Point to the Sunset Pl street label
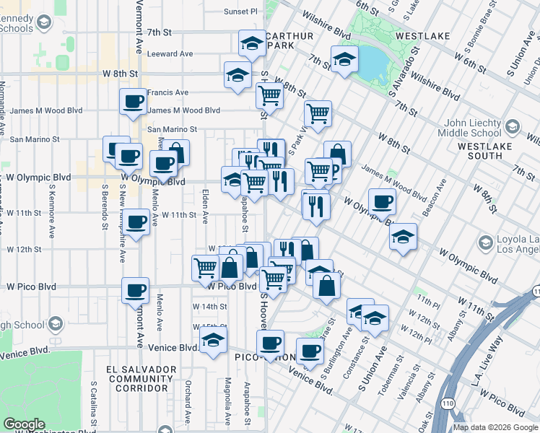(x=240, y=12)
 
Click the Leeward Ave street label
(x=170, y=54)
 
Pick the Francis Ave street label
(x=167, y=92)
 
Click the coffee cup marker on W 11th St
(x=136, y=222)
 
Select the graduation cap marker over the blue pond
(x=345, y=60)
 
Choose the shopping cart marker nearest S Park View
(x=318, y=113)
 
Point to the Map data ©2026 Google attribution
(x=495, y=427)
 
